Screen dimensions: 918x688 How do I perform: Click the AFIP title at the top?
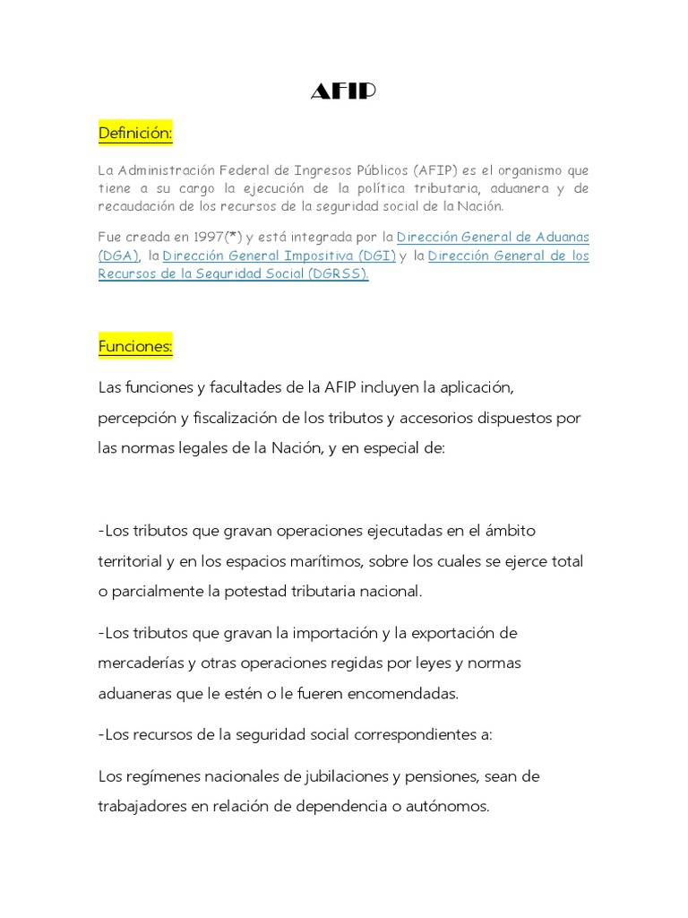[343, 92]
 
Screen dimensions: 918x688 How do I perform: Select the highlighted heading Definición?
[135, 134]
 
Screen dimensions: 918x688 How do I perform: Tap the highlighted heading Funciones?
[135, 346]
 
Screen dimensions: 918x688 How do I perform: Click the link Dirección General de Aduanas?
[493, 238]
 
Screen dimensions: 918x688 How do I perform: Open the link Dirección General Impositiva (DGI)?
[279, 256]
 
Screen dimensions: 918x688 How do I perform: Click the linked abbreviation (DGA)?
[118, 256]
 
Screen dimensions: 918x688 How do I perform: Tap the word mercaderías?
[142, 663]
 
